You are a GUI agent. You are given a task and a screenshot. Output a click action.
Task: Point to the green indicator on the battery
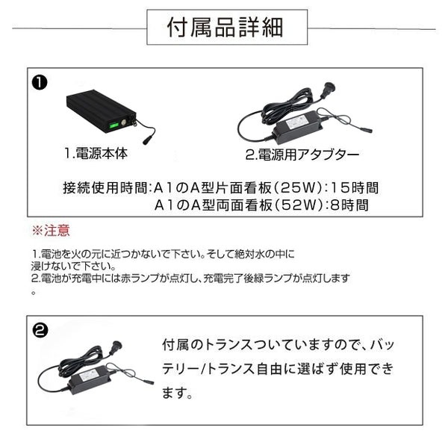click(116, 124)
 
